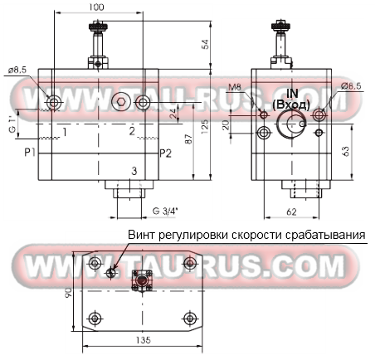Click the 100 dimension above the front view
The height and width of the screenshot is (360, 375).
pos(99,7)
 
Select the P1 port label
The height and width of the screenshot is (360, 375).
pos(29,153)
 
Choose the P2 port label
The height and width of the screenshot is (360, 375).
pos(166,153)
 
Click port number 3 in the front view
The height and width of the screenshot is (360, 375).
pos(132,171)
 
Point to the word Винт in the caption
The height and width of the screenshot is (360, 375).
pos(141,236)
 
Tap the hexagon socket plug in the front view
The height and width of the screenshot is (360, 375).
pos(120,102)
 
